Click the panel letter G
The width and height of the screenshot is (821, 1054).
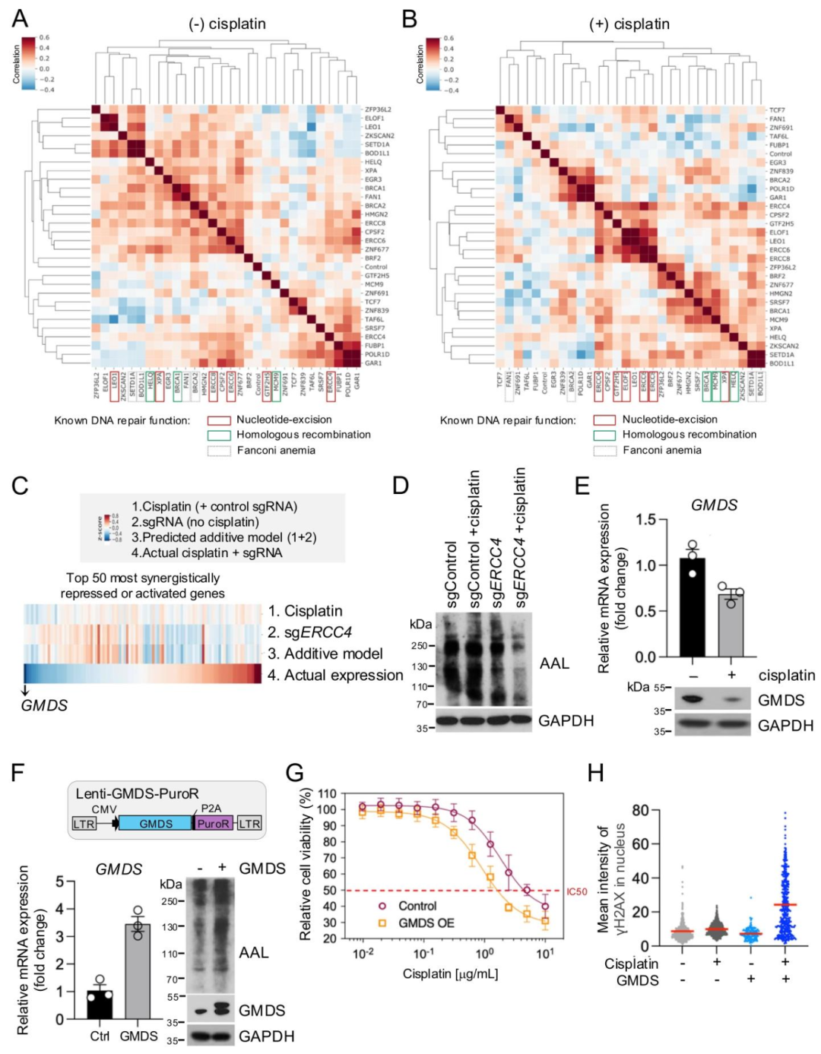[295, 773]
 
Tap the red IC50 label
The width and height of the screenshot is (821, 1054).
[576, 891]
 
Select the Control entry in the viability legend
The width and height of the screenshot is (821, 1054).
[417, 906]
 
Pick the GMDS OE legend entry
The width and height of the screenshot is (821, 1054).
[426, 923]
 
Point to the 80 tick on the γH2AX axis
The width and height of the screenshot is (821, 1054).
[639, 810]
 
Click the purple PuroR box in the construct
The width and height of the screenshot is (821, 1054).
[214, 824]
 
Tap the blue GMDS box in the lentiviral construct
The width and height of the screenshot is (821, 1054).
[155, 824]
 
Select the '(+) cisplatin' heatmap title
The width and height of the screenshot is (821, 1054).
[629, 24]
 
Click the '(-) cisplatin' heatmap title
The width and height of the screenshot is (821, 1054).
[227, 24]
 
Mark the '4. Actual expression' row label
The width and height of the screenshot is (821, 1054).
[335, 675]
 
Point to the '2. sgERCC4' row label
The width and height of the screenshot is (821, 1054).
[309, 632]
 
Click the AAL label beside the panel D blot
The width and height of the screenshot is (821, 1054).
[554, 663]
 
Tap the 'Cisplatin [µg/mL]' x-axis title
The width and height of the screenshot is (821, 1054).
[450, 973]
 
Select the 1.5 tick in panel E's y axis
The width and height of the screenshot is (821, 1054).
[645, 520]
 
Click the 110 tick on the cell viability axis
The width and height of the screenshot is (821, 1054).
[327, 794]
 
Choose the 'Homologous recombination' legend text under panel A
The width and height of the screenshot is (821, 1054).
[303, 435]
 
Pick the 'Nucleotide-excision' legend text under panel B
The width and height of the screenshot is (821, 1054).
[670, 419]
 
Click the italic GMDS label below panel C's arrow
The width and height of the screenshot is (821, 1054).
[44, 705]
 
